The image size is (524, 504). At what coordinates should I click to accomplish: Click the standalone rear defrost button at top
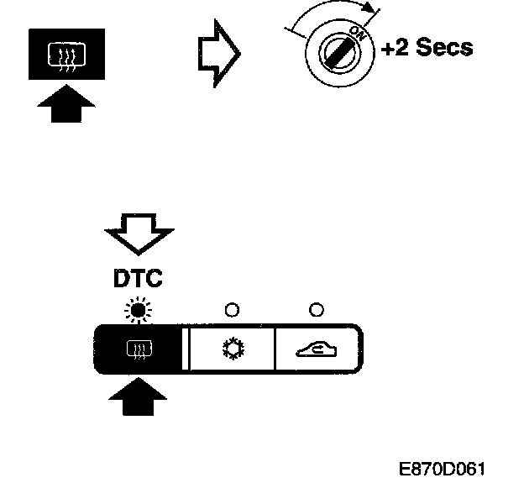pyautogui.click(x=66, y=54)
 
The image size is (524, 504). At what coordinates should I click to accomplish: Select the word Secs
pyautogui.click(x=444, y=48)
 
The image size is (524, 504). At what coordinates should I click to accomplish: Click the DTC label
pyautogui.click(x=137, y=277)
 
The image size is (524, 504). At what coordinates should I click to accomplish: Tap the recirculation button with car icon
pyautogui.click(x=317, y=347)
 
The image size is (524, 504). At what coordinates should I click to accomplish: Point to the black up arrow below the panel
pyautogui.click(x=138, y=395)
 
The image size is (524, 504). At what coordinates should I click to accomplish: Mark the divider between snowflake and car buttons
pyautogui.click(x=275, y=347)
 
